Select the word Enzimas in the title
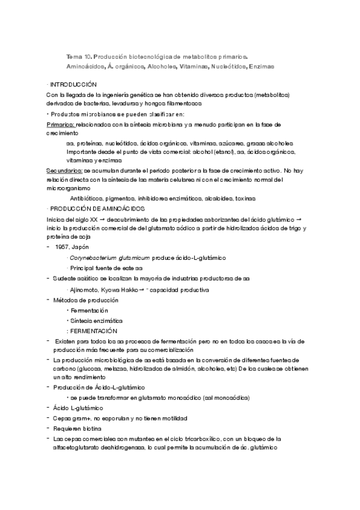[x=260, y=66]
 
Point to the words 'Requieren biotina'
[x=76, y=429]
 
